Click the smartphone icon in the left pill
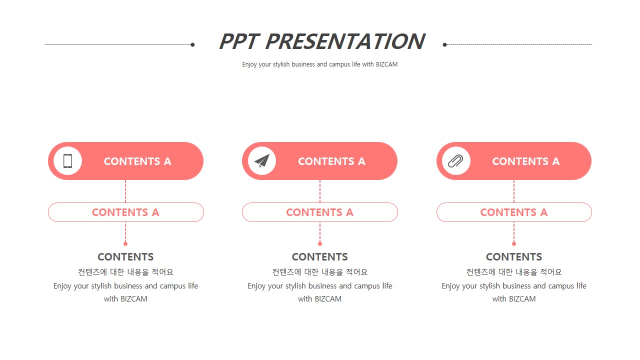67,161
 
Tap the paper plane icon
262,161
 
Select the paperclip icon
455,161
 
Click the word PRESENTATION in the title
345,41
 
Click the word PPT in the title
239,41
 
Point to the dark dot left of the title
192,44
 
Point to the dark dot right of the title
444,44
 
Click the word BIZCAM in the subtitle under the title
386,64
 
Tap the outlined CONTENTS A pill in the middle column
319,212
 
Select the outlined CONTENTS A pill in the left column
125,212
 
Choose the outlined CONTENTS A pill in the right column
514,212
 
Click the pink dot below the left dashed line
125,243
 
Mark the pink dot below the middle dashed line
320,243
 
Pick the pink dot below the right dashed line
514,243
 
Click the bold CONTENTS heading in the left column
125,257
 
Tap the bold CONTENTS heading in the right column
514,257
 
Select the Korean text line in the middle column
319,271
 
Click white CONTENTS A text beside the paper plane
331,161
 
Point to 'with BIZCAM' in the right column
514,299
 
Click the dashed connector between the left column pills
125,191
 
